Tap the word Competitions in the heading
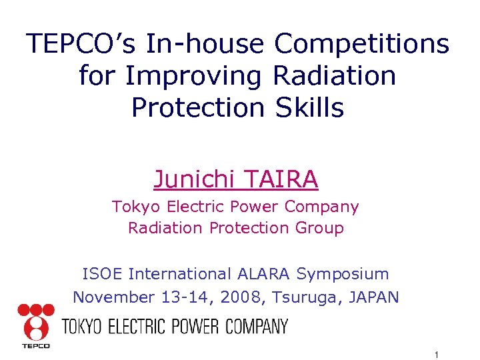tap(362, 44)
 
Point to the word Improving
tap(193, 75)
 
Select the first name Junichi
tap(194, 179)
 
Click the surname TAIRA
tap(281, 179)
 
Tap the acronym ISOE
tap(103, 274)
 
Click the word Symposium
tap(343, 274)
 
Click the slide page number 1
tap(435, 354)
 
